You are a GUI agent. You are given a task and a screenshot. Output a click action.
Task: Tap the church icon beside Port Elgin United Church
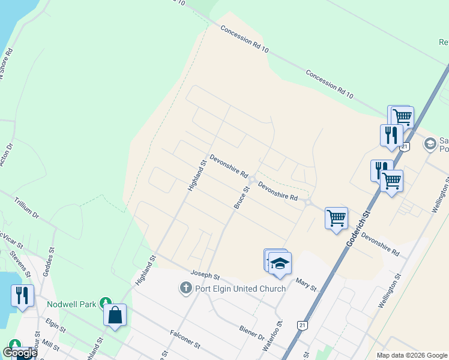click(185, 289)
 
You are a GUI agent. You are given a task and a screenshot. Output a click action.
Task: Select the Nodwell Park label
click(72, 304)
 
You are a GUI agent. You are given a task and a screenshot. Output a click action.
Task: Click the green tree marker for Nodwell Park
click(106, 303)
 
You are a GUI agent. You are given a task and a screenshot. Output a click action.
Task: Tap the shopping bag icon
click(115, 315)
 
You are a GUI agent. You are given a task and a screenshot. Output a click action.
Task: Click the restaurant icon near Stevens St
click(22, 296)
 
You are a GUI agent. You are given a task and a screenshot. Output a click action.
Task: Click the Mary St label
click(306, 284)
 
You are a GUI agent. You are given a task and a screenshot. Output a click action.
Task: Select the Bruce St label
click(242, 197)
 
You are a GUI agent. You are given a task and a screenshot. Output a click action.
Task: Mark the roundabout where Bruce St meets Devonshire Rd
click(253, 179)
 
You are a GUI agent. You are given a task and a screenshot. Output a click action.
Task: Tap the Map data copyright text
click(411, 355)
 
